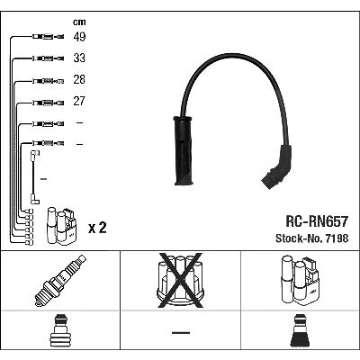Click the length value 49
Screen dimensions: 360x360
[79, 37]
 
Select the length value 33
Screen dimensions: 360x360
[79, 58]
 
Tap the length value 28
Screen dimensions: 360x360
[79, 79]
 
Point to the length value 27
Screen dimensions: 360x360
[79, 101]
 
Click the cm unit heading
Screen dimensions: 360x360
[79, 22]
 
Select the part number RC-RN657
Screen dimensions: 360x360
[317, 221]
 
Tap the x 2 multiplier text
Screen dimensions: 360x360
[97, 228]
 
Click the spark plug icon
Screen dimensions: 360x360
[60, 281]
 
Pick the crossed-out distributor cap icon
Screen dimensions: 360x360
[180, 280]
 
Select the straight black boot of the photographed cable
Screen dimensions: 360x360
[184, 150]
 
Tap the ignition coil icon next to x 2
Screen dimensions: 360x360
[61, 226]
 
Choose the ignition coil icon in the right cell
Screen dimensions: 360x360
[300, 280]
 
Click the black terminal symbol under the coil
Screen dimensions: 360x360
[301, 331]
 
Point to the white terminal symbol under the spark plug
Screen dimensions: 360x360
[60, 331]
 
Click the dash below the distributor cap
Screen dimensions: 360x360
[181, 332]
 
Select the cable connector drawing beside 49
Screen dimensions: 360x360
[48, 37]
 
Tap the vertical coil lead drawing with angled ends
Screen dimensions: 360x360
[34, 177]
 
